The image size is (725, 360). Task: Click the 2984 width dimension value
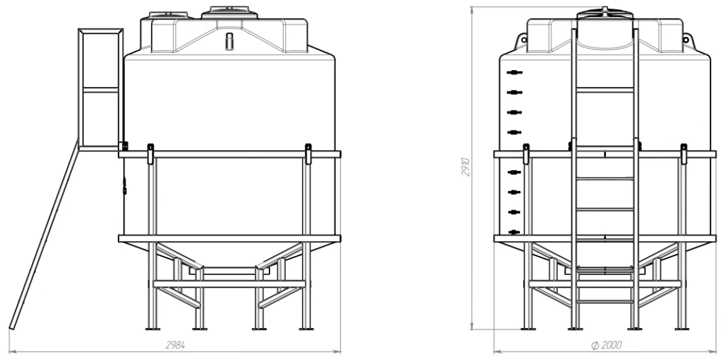[x=175, y=345]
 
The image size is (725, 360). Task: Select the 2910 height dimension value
[x=465, y=167]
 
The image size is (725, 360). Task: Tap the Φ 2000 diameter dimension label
[x=606, y=345]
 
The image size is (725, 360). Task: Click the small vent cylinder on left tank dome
[x=229, y=41]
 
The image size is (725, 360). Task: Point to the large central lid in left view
[x=230, y=13]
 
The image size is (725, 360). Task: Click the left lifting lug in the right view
[x=522, y=40]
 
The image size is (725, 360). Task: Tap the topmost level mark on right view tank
[x=515, y=72]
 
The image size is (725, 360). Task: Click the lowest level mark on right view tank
[x=514, y=232]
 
